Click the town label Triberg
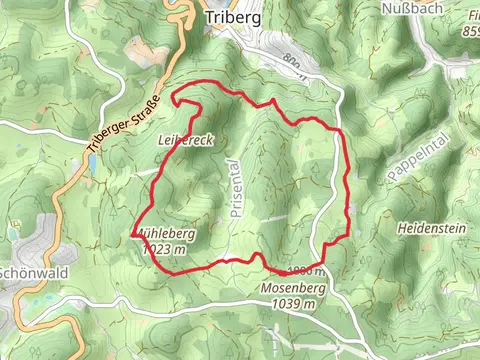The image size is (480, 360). click(x=232, y=17)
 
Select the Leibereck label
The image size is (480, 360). click(x=186, y=142)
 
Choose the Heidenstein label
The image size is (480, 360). click(x=432, y=228)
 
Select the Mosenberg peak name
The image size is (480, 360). click(x=292, y=288)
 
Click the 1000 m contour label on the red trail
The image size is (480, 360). click(x=306, y=272)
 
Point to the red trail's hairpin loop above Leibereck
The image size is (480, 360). click(x=180, y=97)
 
